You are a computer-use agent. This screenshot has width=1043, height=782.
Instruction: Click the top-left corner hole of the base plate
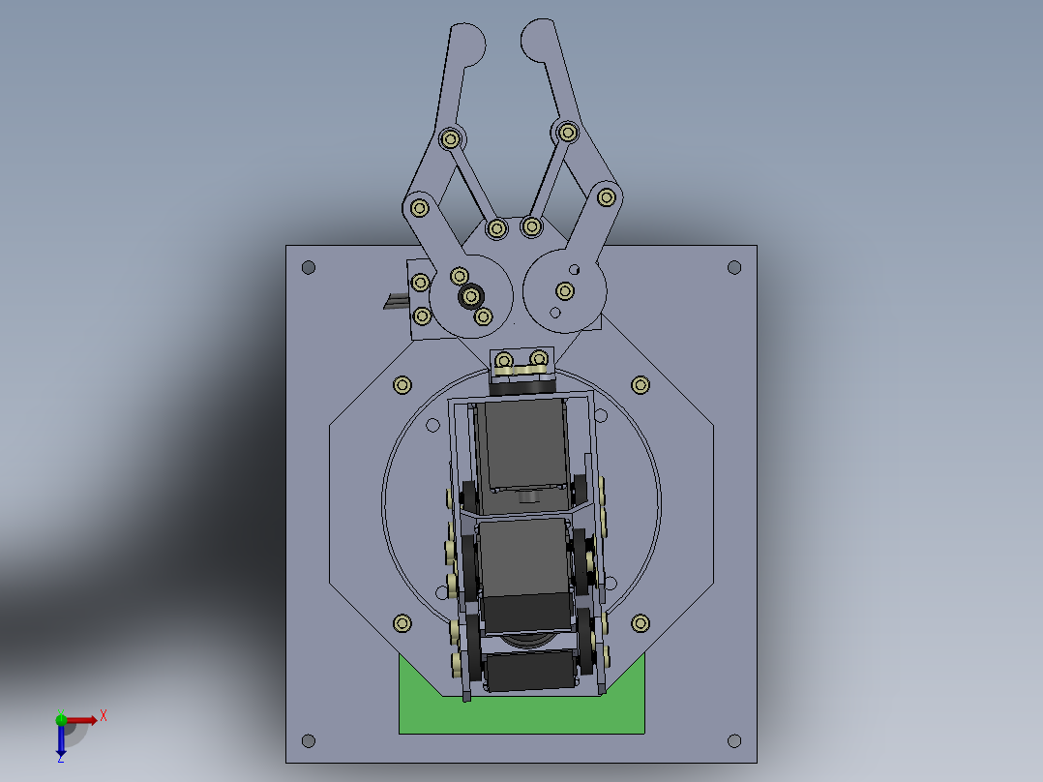tap(309, 267)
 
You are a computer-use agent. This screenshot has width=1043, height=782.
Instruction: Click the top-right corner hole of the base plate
tap(734, 267)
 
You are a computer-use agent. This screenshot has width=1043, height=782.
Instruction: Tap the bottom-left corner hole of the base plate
tap(309, 741)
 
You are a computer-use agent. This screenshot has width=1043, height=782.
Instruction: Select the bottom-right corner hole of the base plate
tap(734, 741)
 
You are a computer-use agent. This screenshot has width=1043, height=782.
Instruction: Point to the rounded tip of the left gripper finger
tap(470, 44)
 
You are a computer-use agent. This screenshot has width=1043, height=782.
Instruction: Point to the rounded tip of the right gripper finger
tap(537, 41)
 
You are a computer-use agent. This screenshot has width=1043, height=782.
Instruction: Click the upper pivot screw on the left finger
tap(450, 138)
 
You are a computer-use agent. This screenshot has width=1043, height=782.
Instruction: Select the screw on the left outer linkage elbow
tap(420, 207)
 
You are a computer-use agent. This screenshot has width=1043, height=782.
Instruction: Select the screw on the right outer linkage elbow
tap(607, 197)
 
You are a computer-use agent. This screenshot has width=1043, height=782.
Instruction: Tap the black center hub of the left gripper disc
tap(471, 295)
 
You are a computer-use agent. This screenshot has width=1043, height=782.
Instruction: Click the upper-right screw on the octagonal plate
tap(640, 385)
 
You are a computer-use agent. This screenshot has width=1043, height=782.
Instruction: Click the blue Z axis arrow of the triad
tap(61, 744)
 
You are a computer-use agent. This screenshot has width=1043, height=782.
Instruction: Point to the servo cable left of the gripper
tap(393, 302)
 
